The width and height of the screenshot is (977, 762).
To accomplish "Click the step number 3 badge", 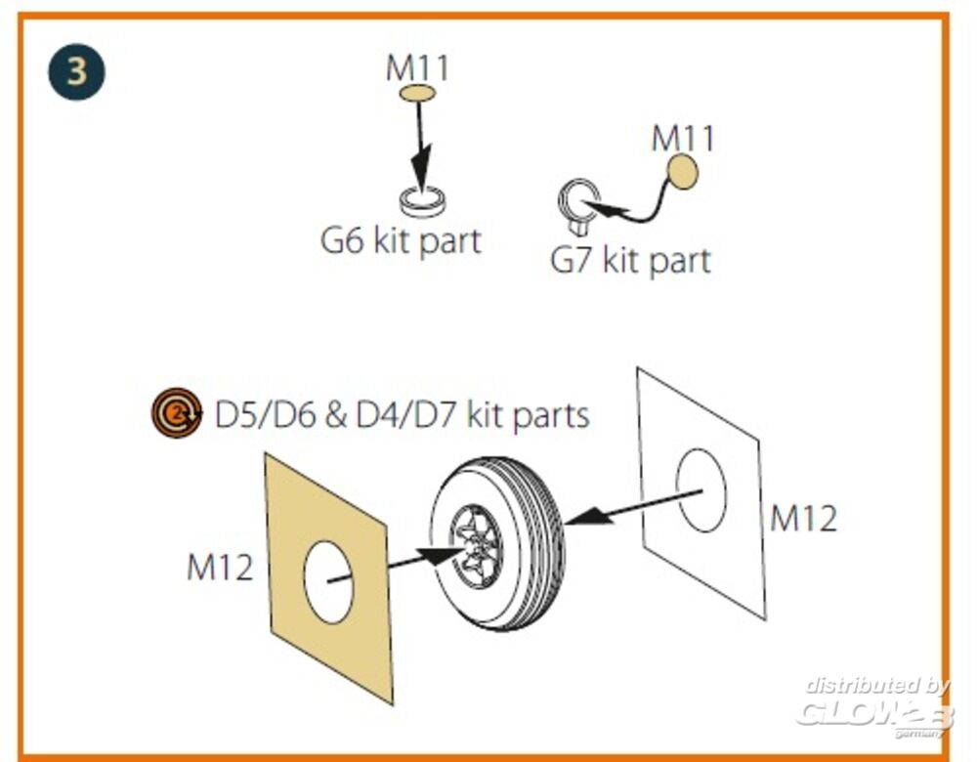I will (x=75, y=72).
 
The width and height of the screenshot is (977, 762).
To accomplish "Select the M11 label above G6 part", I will (x=417, y=68).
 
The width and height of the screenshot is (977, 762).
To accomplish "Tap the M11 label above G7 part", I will (x=683, y=138).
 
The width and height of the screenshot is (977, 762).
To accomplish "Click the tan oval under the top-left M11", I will (x=417, y=94).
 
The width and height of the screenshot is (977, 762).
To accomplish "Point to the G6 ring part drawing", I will (x=423, y=201).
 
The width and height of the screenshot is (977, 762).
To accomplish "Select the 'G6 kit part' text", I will (x=401, y=240).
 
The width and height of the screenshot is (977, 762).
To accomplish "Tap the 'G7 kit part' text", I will (x=630, y=260).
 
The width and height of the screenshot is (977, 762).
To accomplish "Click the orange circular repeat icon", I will (x=176, y=413).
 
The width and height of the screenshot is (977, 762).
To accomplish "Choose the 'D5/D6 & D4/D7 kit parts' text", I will (x=402, y=415).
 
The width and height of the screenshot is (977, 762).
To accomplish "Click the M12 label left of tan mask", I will (x=220, y=567).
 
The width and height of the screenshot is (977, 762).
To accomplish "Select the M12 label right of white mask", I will (x=803, y=518).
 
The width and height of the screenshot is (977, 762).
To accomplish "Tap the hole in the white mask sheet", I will (x=701, y=491).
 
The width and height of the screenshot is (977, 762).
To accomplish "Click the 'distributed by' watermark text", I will (x=877, y=685).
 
